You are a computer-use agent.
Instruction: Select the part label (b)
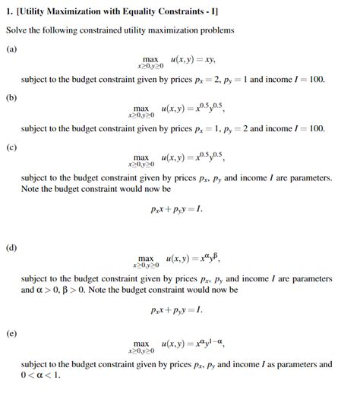pyautogui.click(x=12, y=96)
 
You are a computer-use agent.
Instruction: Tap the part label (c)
pyautogui.click(x=12, y=146)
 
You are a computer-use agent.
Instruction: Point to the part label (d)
pyautogui.click(x=12, y=247)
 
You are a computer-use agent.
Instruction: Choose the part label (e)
pyautogui.click(x=12, y=332)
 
